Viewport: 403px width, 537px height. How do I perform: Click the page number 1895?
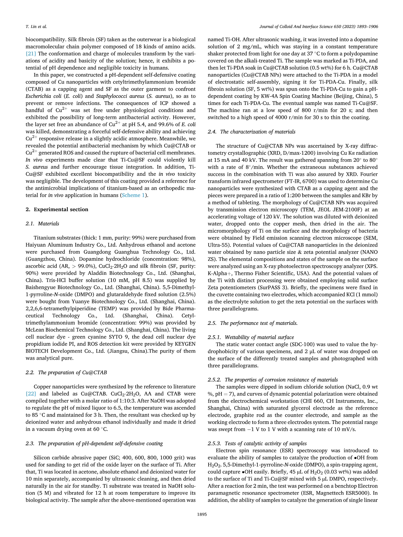coord(202,514)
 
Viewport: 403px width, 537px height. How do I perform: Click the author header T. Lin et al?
coord(36,26)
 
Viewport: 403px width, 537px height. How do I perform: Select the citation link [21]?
coord(31,54)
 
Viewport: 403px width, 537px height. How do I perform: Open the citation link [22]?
coord(31,394)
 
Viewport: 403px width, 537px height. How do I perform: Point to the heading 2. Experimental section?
coord(57,210)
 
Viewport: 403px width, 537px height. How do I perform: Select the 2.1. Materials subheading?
coord(42,224)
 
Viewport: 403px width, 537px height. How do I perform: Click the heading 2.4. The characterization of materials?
coord(252,132)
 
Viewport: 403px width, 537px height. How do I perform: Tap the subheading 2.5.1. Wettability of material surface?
coord(251,337)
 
